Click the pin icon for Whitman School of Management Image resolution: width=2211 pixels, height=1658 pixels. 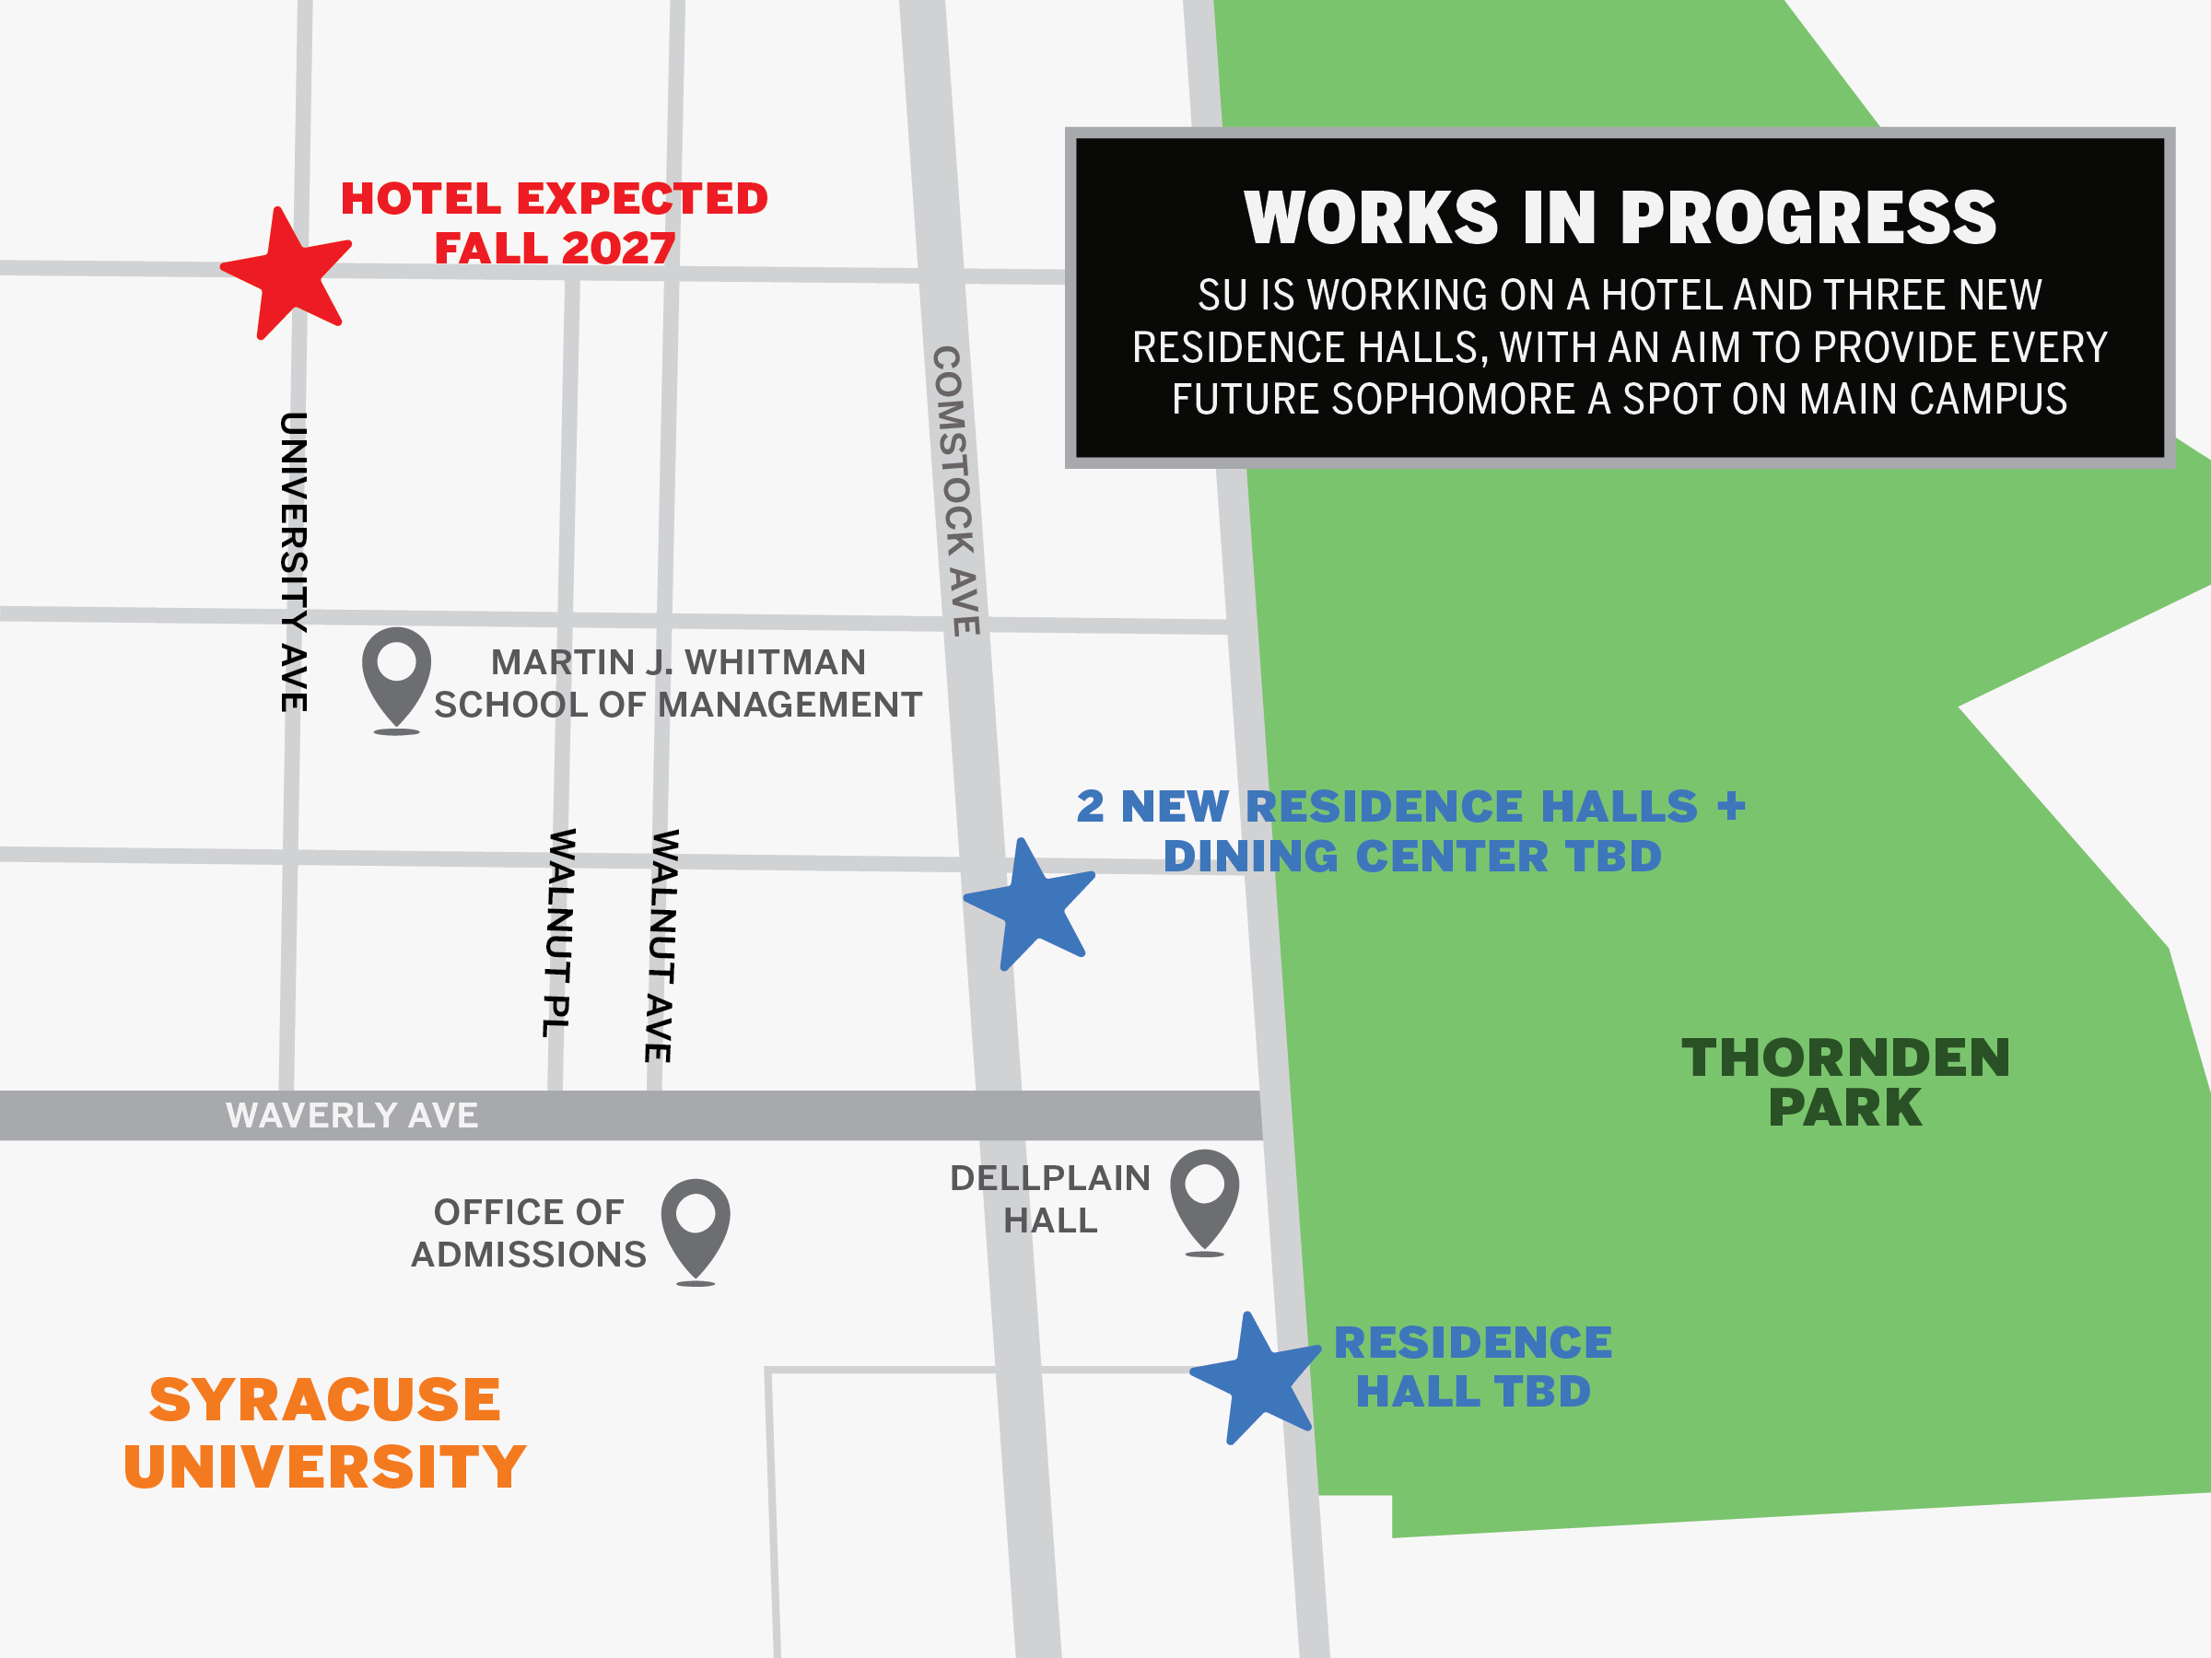(396, 671)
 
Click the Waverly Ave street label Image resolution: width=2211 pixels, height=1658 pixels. (352, 1115)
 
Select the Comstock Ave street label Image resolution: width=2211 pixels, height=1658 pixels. (956, 490)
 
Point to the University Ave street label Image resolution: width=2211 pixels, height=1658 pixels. (293, 562)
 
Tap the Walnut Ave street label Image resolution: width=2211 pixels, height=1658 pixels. (661, 945)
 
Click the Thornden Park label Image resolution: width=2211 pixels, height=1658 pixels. (1845, 1082)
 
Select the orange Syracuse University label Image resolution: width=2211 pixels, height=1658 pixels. (324, 1432)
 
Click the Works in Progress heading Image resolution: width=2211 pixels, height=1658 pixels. (1620, 218)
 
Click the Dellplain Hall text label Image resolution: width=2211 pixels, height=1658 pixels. (1049, 1199)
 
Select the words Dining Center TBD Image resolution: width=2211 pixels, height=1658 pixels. (1412, 857)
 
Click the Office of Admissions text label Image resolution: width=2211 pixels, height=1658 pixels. (529, 1233)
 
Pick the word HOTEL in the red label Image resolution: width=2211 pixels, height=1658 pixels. (421, 198)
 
